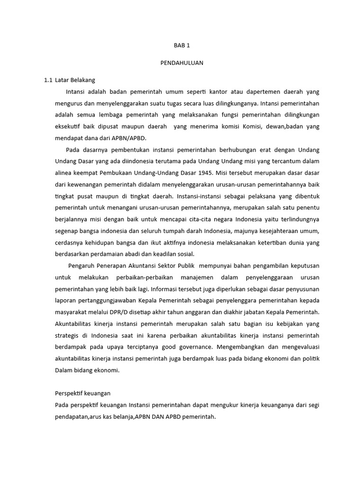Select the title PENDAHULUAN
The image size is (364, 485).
tap(182, 63)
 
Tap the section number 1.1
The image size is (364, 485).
tap(48, 80)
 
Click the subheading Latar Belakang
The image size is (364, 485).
tap(75, 80)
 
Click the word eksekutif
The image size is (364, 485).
tap(68, 126)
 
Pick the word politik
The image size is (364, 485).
tap(310, 359)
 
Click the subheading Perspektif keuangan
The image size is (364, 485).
tap(82, 394)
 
